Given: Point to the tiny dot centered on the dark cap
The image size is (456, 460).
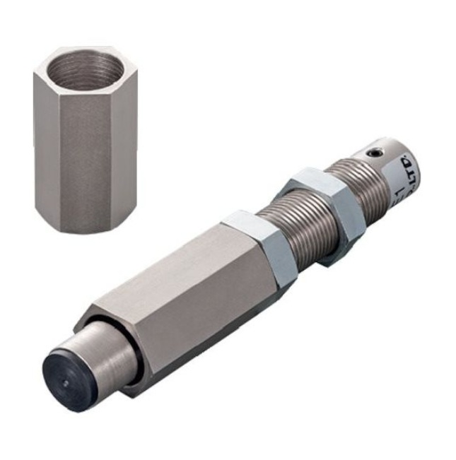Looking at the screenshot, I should [x=65, y=382].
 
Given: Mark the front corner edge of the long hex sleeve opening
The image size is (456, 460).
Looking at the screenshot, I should [x=95, y=312].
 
